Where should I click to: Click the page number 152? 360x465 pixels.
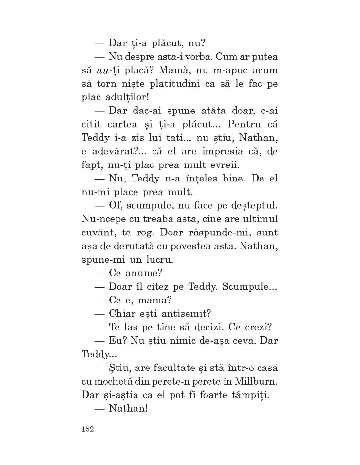88,429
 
